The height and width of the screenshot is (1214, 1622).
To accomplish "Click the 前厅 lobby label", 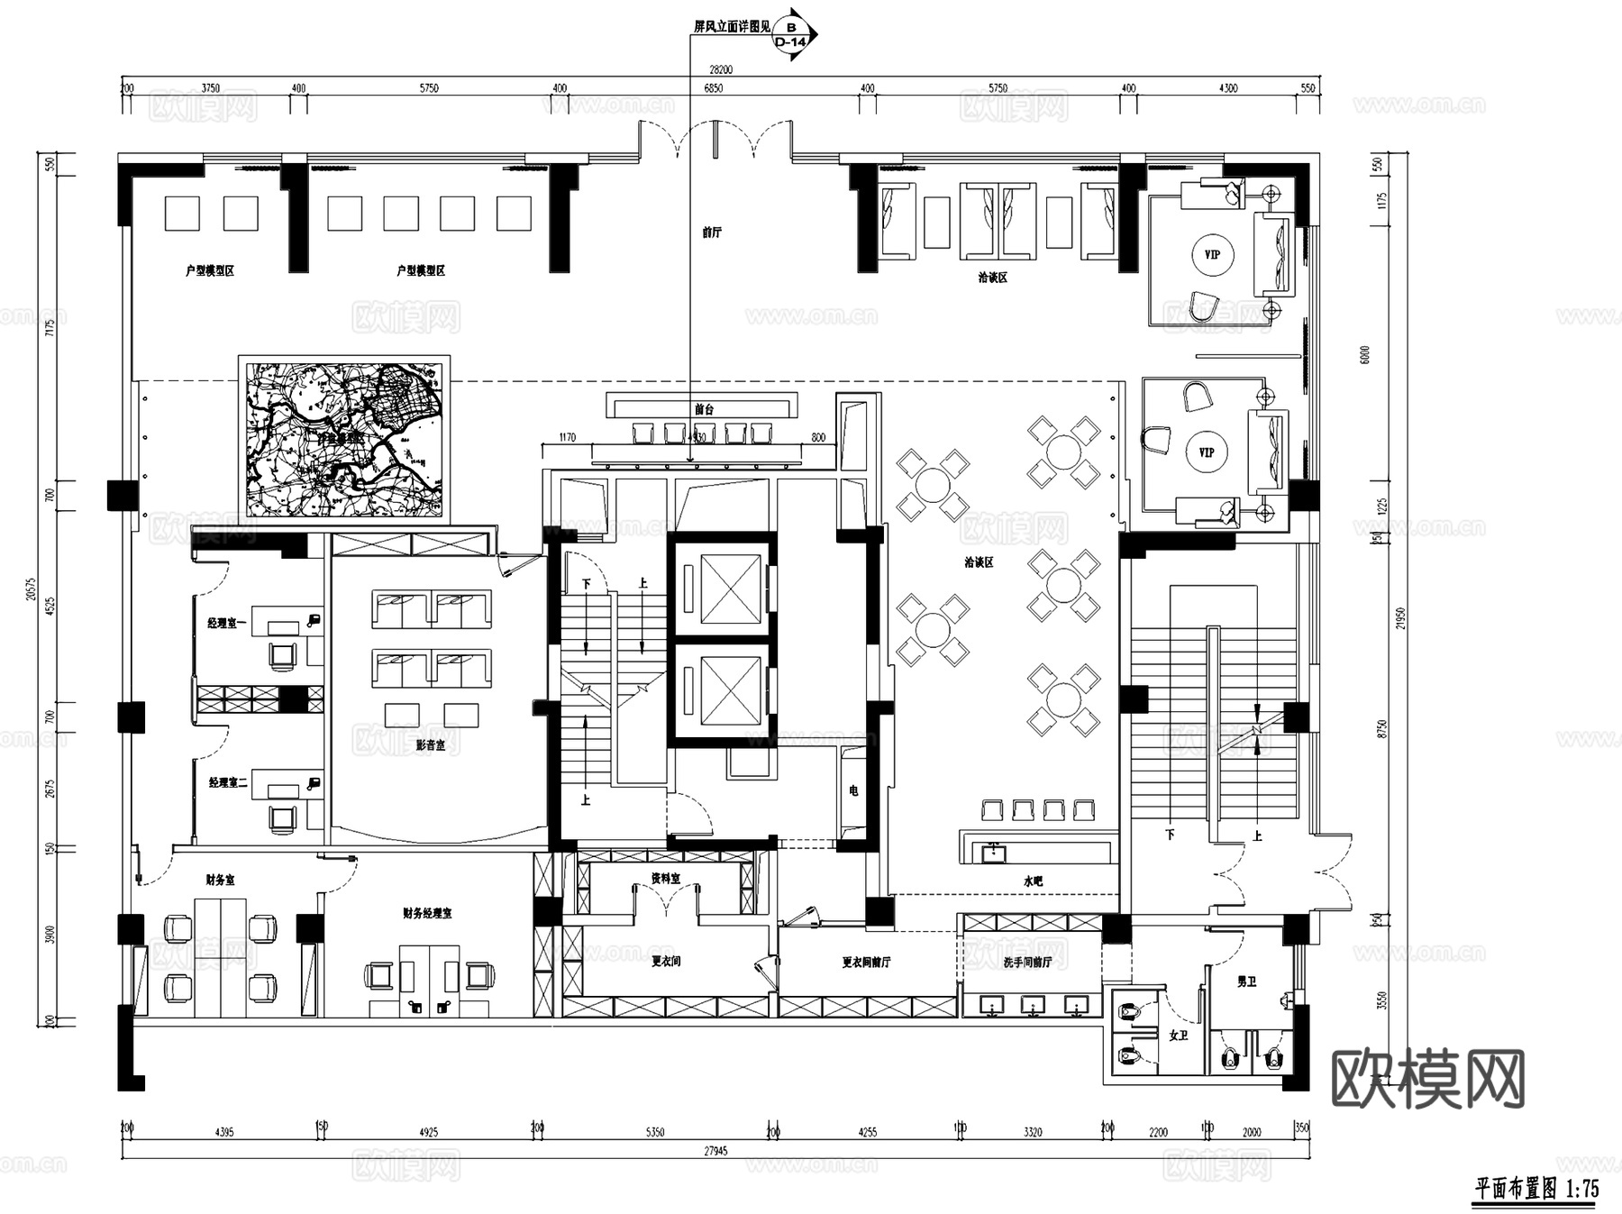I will click(x=712, y=233).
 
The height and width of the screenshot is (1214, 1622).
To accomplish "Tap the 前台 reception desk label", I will click(x=704, y=409).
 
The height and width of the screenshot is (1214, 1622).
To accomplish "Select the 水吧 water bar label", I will click(x=1033, y=881).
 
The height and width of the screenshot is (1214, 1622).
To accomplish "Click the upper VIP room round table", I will click(x=1212, y=255).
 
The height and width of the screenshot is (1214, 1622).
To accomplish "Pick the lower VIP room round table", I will click(x=1207, y=452).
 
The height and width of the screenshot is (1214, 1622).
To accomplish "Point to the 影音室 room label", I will click(x=431, y=745).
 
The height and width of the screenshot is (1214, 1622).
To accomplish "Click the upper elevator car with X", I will click(x=731, y=589).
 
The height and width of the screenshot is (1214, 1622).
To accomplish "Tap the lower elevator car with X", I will click(x=731, y=691).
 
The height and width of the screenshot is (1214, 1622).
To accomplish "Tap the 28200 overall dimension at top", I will click(x=720, y=69).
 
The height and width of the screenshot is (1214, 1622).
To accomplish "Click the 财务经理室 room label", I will click(x=427, y=913).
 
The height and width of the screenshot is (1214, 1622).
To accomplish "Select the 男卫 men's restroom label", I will click(x=1246, y=981).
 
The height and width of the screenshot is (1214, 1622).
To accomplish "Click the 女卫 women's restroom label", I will click(x=1179, y=1036).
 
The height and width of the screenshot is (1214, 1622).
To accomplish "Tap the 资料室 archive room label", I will click(x=665, y=878).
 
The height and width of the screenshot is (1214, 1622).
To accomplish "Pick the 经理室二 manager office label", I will click(x=228, y=782).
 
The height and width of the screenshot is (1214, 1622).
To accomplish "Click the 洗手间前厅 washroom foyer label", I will click(x=1027, y=963).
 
